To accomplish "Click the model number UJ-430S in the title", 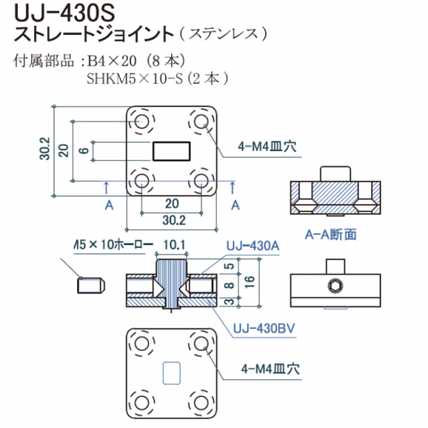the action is pyautogui.click(x=65, y=13).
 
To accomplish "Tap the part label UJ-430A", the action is pyautogui.click(x=253, y=246).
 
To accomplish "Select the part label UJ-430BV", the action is pyautogui.click(x=264, y=328).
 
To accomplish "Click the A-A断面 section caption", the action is pyautogui.click(x=331, y=234).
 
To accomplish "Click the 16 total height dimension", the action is pyautogui.click(x=250, y=282).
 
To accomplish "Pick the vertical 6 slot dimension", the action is pyautogui.click(x=84, y=150).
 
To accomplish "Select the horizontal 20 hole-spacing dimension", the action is pyautogui.click(x=172, y=204).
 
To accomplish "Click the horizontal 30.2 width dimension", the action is pyautogui.click(x=174, y=220).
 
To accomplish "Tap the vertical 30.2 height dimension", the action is pyautogui.click(x=45, y=149).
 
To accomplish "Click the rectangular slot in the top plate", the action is pyautogui.click(x=171, y=151).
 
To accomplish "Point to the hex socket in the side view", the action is pyautogui.click(x=335, y=286).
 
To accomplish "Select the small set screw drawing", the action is pyautogui.click(x=91, y=286).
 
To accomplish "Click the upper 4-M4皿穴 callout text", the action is pyautogui.click(x=267, y=147).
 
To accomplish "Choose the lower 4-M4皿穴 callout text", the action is pyautogui.click(x=270, y=370).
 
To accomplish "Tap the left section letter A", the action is pyautogui.click(x=109, y=205).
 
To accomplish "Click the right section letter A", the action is pyautogui.click(x=235, y=205).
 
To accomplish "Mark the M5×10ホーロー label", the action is pyautogui.click(x=114, y=244).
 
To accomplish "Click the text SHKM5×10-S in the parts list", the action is pyautogui.click(x=135, y=79).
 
